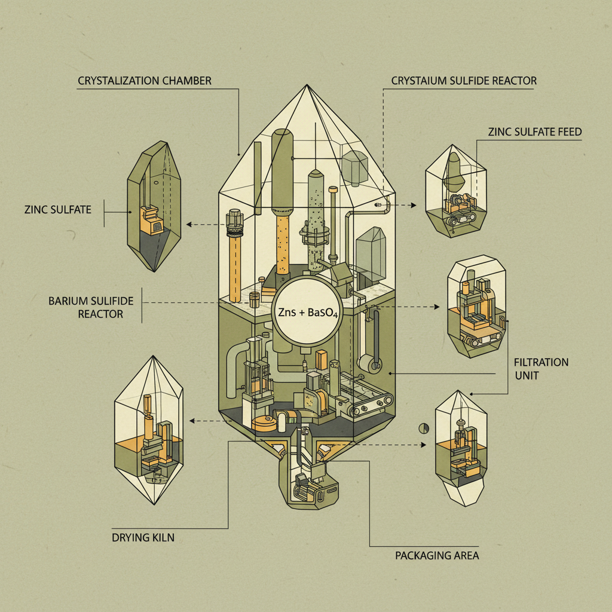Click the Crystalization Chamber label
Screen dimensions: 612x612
pos(145,81)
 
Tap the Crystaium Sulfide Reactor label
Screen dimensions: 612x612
pos(464,81)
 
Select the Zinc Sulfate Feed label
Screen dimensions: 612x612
pos(534,132)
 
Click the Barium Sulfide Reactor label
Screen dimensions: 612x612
pos(91,307)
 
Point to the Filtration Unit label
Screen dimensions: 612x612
pos(541,369)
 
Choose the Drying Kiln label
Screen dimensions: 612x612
pos(143,538)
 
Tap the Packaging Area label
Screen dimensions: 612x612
pos(437,556)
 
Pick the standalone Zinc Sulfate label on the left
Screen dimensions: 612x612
pos(58,209)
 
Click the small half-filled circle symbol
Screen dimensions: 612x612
pos(424,428)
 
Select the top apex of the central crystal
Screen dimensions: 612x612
pos(307,85)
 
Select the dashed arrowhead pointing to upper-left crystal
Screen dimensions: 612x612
pos(189,225)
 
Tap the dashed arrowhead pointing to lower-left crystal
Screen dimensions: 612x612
pos(192,421)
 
